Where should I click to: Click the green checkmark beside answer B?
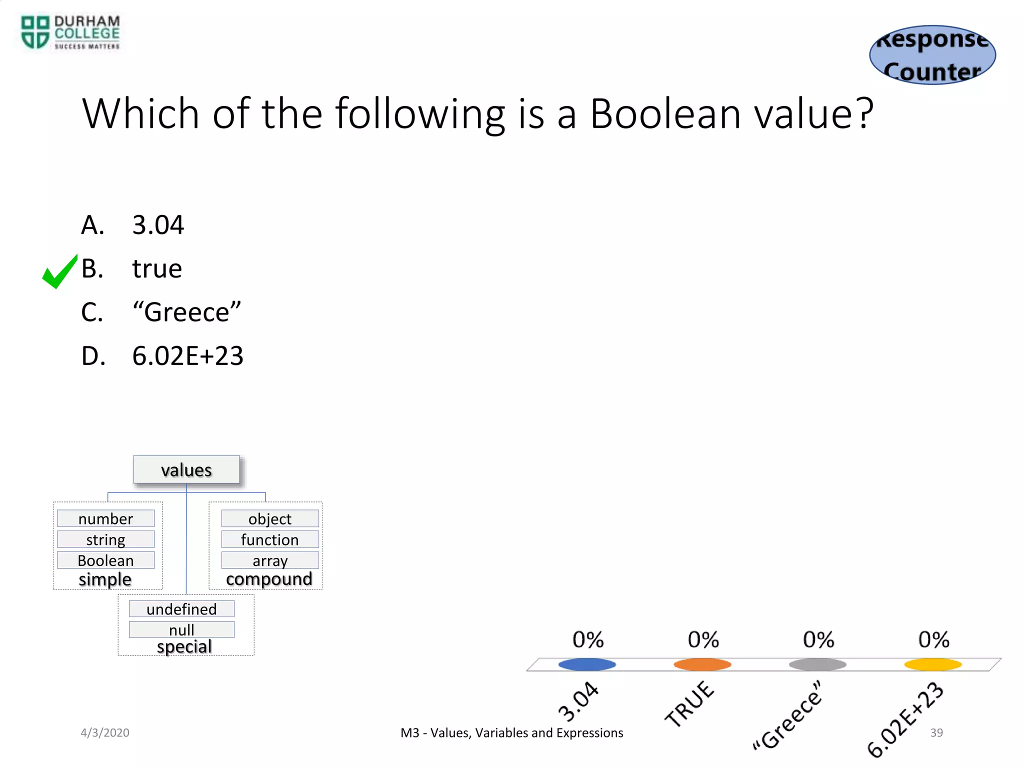click(x=59, y=272)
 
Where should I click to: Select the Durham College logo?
click(x=70, y=33)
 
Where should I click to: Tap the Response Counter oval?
click(x=932, y=55)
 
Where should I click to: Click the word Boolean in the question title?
click(x=665, y=114)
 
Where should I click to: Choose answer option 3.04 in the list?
click(x=158, y=225)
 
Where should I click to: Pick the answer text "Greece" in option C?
click(x=186, y=312)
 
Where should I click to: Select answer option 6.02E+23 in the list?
click(x=187, y=356)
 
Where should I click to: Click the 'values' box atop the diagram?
click(x=186, y=470)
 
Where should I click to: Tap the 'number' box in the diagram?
click(x=106, y=518)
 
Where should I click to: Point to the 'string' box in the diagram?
click(x=106, y=539)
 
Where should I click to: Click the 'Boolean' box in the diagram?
click(x=106, y=560)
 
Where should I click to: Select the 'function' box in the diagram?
click(x=270, y=539)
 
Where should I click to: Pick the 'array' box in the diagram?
click(x=270, y=560)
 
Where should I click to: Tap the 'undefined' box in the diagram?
click(x=181, y=609)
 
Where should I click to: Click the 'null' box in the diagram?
click(x=181, y=629)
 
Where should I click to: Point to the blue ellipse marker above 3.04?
click(x=587, y=664)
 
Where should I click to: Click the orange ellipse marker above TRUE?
click(x=702, y=664)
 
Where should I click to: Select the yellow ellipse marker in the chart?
click(x=933, y=664)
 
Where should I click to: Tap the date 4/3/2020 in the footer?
click(x=105, y=732)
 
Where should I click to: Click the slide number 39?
click(x=936, y=732)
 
